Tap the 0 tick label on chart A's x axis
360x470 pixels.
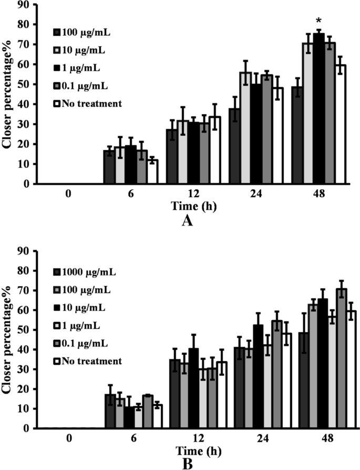click(68, 193)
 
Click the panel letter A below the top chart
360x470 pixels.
click(188, 221)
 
